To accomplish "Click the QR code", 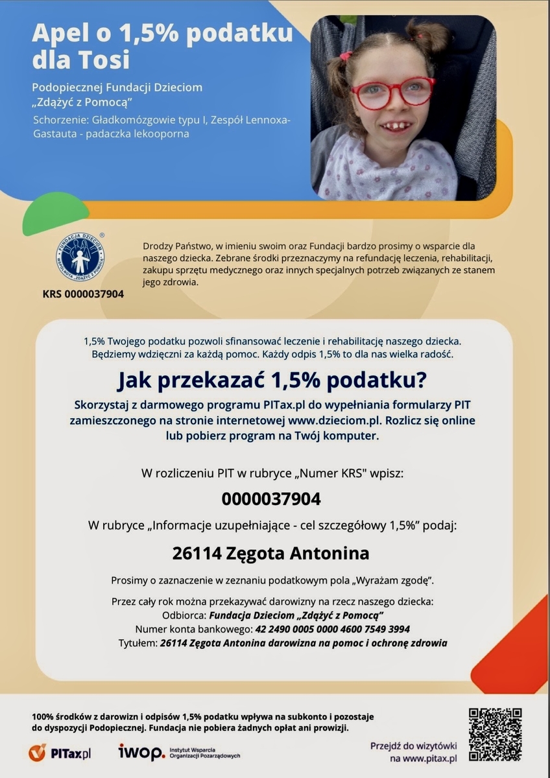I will tap(495, 735).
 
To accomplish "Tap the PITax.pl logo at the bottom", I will tap(60, 753).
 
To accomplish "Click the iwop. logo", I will tap(141, 752).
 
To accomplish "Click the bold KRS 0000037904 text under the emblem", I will tap(83, 294).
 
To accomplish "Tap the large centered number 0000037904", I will tap(271, 499).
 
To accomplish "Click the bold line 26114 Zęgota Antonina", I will tap(271, 553).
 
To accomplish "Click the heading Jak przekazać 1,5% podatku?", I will tap(272, 381).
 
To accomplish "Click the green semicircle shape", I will tap(55, 214).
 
